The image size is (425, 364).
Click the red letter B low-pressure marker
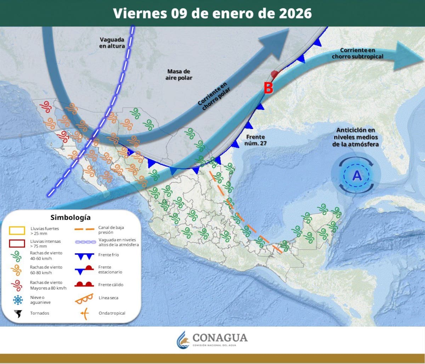click(x=268, y=88)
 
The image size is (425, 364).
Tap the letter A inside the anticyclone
click(x=357, y=175)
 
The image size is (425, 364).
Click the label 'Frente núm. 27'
click(x=255, y=140)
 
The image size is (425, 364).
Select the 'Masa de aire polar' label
click(x=178, y=74)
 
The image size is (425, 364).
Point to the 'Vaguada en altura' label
click(x=112, y=43)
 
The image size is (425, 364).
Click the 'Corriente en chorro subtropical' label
click(x=358, y=54)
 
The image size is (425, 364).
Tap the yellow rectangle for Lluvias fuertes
click(x=17, y=231)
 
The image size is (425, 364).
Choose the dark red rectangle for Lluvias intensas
click(x=17, y=243)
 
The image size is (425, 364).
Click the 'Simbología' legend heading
click(x=70, y=217)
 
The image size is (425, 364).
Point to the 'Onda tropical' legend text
click(x=112, y=313)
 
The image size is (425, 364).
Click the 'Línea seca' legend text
click(x=109, y=298)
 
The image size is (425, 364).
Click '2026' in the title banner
click(x=295, y=13)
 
